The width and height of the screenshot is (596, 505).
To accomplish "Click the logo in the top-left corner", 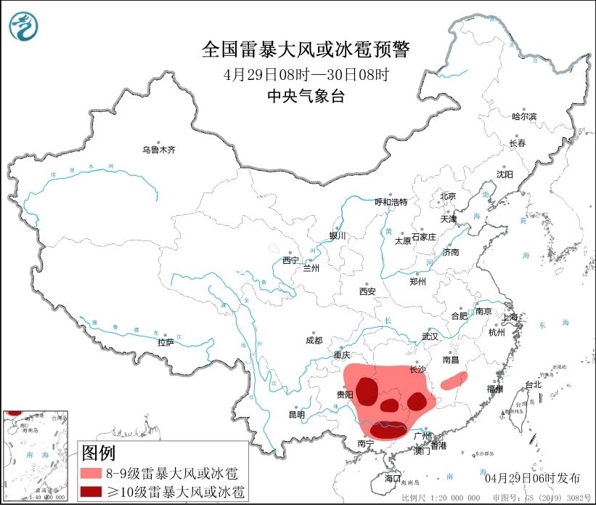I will click(x=24, y=26).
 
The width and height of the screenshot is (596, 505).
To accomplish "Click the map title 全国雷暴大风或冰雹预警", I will click(x=306, y=50).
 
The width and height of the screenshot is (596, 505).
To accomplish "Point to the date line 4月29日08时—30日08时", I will click(x=306, y=74).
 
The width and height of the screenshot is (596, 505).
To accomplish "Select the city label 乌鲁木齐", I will click(x=158, y=150).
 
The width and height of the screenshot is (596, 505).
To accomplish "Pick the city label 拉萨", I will click(x=166, y=342).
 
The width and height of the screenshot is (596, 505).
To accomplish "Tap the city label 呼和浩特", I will click(x=391, y=202).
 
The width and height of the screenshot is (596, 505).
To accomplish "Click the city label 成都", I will click(x=314, y=339).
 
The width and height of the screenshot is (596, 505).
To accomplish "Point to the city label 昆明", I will click(x=297, y=414).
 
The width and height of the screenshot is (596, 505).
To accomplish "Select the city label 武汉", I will click(x=430, y=336).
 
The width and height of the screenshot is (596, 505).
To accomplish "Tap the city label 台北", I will click(x=532, y=384).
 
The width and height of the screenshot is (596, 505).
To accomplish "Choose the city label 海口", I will click(x=392, y=478).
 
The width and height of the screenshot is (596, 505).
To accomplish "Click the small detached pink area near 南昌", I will click(x=454, y=379).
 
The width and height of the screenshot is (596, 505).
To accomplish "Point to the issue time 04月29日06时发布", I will click(x=533, y=477).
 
